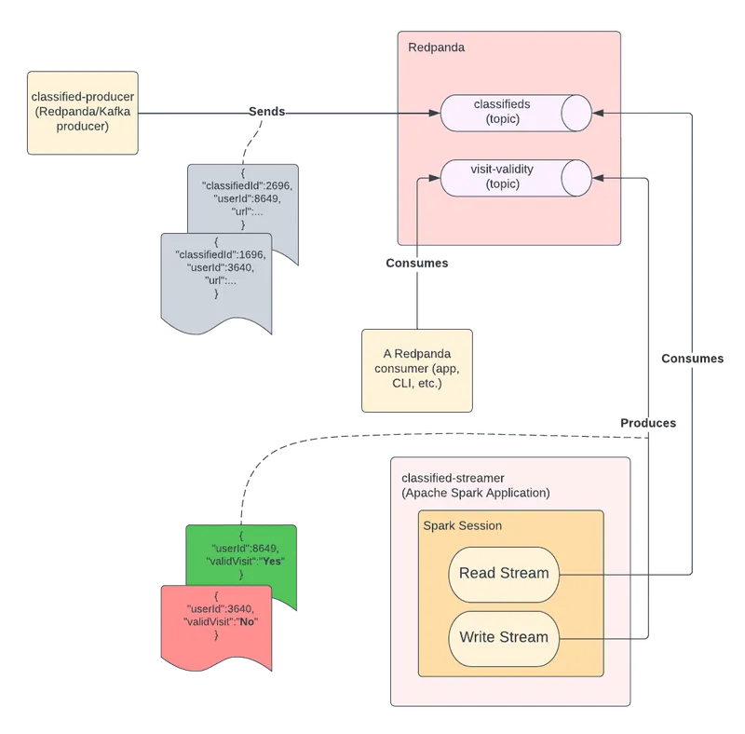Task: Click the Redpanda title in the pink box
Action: click(x=437, y=48)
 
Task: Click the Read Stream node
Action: click(x=504, y=574)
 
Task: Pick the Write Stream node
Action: click(x=504, y=638)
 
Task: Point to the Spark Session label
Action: click(x=463, y=525)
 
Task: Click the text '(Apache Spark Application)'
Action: click(x=476, y=492)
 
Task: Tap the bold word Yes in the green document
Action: click(x=273, y=561)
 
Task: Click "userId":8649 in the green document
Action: click(x=241, y=548)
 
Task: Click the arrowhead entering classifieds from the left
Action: click(x=433, y=114)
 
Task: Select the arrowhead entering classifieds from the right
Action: click(x=598, y=113)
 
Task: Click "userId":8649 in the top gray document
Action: click(x=241, y=199)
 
